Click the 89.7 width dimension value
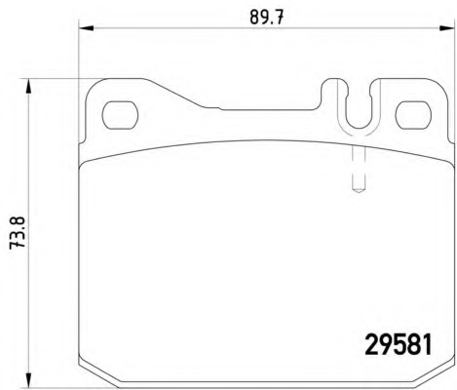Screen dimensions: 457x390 point(267,17)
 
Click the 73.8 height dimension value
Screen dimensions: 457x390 point(18,233)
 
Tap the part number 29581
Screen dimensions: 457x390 point(399,345)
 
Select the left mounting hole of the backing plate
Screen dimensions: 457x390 point(120,114)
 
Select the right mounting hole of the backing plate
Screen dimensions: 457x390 point(413,114)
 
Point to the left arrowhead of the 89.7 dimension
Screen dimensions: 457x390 point(86,28)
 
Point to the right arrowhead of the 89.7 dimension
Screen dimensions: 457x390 point(446,28)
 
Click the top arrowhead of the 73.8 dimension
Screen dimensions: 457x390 point(28,86)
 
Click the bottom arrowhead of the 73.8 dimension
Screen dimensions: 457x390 point(28,380)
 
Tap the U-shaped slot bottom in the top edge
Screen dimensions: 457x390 point(359,128)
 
